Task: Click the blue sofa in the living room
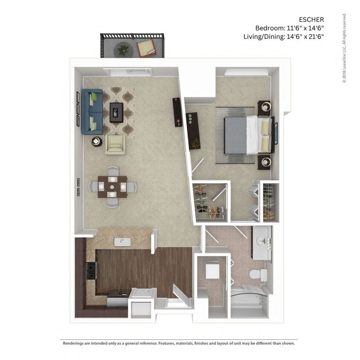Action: coord(91,110)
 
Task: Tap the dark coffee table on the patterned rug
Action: coord(116,112)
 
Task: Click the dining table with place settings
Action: coord(112,187)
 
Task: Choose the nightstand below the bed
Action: coord(265,162)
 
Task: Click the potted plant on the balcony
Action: coord(123,49)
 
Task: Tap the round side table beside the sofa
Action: coord(97,140)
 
